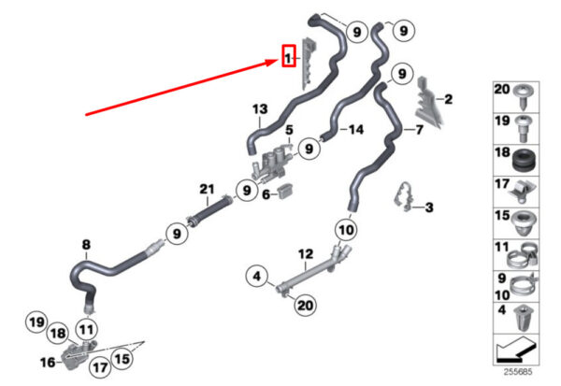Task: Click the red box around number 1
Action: point(290,59)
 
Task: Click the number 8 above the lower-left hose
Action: point(86,246)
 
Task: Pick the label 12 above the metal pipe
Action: point(304,254)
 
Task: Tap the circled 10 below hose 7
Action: point(345,229)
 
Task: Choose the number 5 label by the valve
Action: point(289,129)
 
